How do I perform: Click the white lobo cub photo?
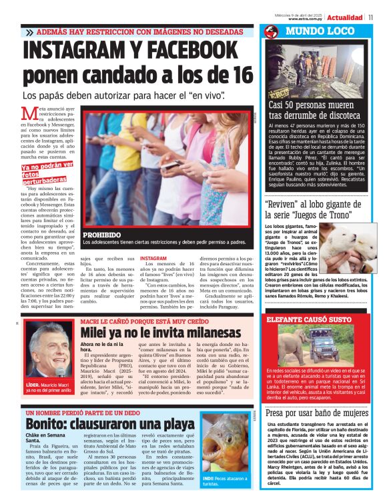click(358, 247)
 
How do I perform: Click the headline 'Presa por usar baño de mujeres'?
click(317, 413)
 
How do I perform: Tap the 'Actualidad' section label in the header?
click(345, 17)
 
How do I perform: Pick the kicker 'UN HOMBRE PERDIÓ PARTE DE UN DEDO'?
click(84, 412)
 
